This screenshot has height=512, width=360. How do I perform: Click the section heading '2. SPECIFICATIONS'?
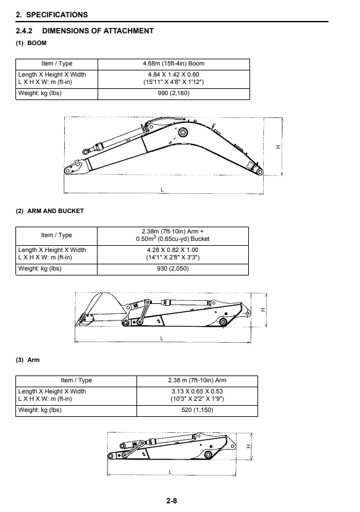coord(52,15)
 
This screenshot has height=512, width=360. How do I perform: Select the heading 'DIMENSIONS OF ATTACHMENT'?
coord(98,31)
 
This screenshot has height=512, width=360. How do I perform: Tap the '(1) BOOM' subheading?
coord(31,43)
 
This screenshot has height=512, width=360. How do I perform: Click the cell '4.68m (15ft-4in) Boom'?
coord(174,64)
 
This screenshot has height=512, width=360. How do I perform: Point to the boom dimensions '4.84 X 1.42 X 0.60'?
coord(174,75)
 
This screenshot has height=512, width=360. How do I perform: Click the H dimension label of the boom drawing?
coord(278,146)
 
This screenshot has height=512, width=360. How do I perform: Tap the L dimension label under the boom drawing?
coord(162,190)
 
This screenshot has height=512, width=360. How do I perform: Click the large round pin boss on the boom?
coord(183,132)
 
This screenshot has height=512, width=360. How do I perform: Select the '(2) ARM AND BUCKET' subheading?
coord(49,211)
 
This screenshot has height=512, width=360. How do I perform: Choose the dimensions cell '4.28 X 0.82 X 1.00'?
coord(173,250)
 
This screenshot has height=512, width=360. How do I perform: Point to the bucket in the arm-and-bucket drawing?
coord(101,309)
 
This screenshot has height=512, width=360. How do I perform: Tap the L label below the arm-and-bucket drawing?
coord(162,338)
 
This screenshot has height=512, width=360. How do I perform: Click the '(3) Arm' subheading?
coord(28,360)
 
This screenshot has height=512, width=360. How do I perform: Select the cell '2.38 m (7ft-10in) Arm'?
coord(197,380)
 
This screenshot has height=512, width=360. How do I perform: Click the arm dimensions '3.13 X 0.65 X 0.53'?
coord(197,391)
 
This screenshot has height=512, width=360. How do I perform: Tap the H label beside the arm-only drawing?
coord(248,446)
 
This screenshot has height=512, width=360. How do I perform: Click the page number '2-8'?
coord(172,500)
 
